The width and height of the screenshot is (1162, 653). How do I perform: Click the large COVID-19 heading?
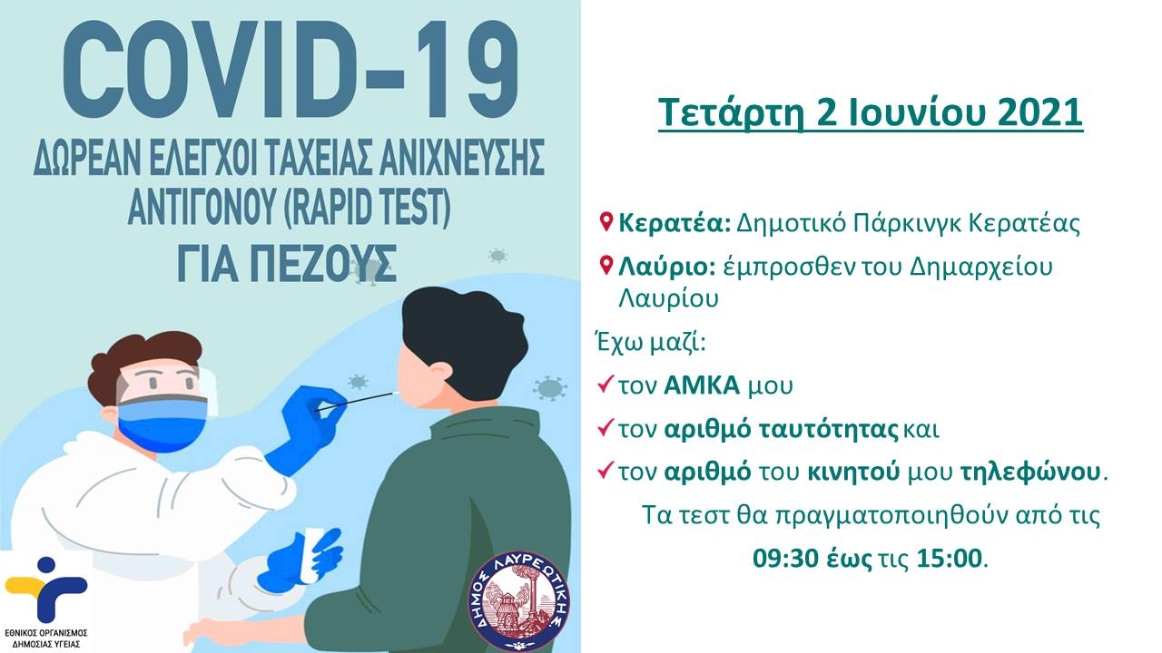pyautogui.click(x=290, y=72)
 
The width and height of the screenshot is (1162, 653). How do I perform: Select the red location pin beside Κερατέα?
pyautogui.click(x=606, y=222)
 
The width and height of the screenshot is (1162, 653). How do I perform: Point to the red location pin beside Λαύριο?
pyautogui.click(x=606, y=266)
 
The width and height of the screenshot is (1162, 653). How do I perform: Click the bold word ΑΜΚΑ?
pyautogui.click(x=702, y=385)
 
